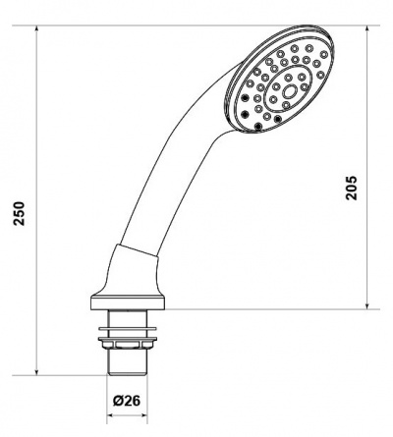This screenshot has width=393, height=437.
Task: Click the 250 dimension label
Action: [19, 213]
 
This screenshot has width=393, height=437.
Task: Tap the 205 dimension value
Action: [352, 188]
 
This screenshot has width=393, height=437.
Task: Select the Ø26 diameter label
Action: [127, 401]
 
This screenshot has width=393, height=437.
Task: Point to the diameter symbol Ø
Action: [118, 401]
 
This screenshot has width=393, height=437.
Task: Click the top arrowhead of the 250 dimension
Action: [36, 28]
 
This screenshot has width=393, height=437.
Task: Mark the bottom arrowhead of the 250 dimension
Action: [36, 372]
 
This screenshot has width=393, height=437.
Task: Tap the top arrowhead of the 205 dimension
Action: [367, 28]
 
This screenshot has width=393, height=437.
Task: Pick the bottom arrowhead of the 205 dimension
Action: [367, 305]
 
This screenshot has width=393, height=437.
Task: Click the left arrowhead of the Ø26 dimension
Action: [110, 415]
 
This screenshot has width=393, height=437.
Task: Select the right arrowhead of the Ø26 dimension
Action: [143, 415]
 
